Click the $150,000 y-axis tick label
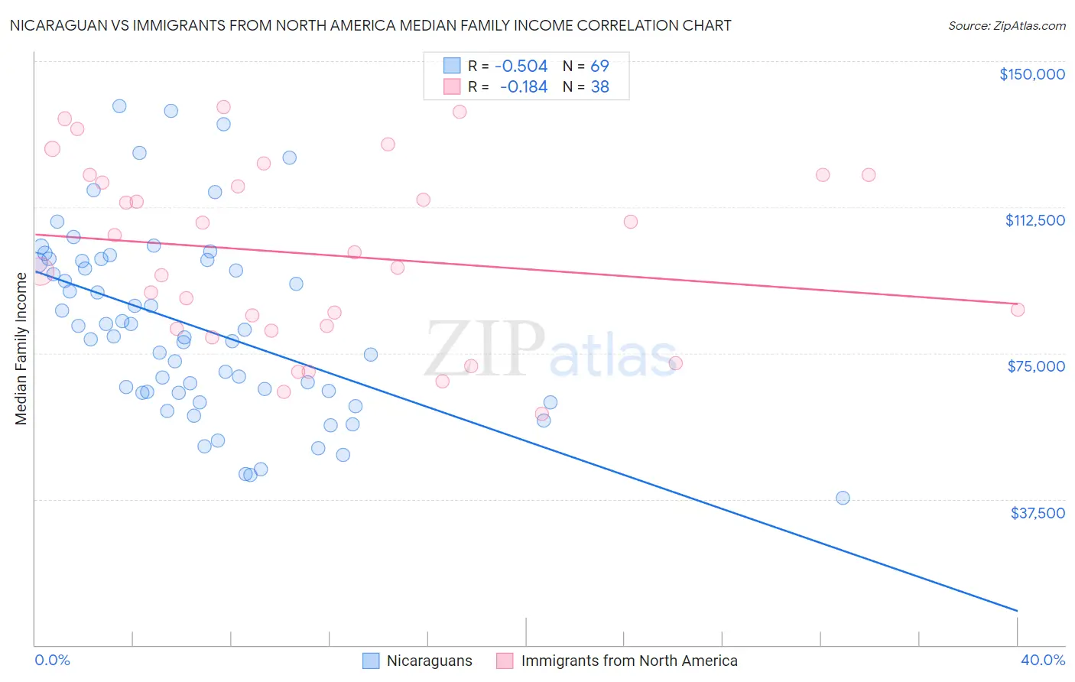click(1031, 74)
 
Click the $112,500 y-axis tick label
click(1034, 220)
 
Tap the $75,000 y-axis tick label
click(1036, 366)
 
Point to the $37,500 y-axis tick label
click(1037, 513)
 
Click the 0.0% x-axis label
click(52, 660)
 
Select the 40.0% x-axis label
click(1042, 660)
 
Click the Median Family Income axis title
click(21, 348)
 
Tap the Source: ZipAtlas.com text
click(1006, 25)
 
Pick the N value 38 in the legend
click(599, 87)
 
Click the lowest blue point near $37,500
click(843, 498)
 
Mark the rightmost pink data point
click(1017, 310)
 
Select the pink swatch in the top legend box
click(452, 87)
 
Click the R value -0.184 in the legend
click(524, 87)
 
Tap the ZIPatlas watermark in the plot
click(550, 349)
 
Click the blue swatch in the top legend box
click(452, 67)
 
